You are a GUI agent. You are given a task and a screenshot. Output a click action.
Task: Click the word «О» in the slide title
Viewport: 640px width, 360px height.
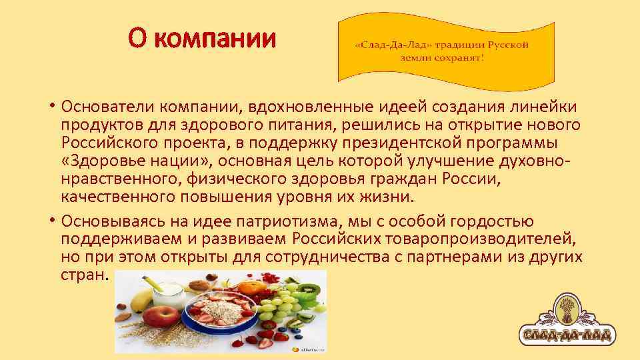(x=138, y=39)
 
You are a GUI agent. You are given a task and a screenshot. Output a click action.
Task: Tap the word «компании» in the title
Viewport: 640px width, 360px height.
(x=214, y=39)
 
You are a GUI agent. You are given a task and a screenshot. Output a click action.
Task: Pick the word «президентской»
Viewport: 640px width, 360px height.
(x=391, y=143)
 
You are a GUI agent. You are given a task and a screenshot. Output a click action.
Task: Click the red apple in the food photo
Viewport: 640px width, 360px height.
(x=163, y=315)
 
